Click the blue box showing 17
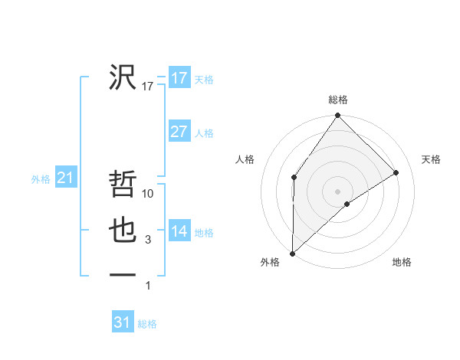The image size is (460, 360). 179,78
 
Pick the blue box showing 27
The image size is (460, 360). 179,132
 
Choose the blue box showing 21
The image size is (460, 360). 65,178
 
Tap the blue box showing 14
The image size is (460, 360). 179,231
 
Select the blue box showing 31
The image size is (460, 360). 122,322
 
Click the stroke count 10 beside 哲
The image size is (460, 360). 149,195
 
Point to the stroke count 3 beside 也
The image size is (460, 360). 148,241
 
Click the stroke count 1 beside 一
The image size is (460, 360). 148,286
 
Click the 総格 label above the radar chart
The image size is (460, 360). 338,100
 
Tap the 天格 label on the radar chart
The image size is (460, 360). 432,159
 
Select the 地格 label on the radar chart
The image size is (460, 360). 402,262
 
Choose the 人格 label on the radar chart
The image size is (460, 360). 245,159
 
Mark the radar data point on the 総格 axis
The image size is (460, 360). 338,116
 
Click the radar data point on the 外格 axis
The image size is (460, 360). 292,253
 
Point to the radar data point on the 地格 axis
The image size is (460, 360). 347,204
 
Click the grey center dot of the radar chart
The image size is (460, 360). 338,191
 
